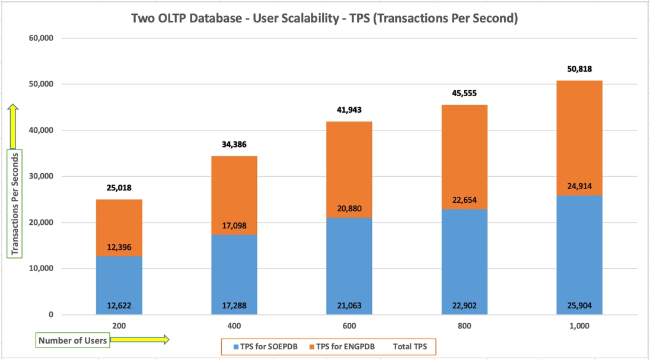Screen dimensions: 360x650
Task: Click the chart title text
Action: pyautogui.click(x=324, y=18)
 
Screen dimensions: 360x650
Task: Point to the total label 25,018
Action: pyautogui.click(x=119, y=188)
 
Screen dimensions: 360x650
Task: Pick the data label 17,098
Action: pyautogui.click(x=234, y=226)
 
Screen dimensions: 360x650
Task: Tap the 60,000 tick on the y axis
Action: pyautogui.click(x=40, y=39)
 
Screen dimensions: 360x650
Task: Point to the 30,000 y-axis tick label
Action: pyautogui.click(x=40, y=177)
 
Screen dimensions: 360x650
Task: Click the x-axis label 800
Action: pyautogui.click(x=464, y=326)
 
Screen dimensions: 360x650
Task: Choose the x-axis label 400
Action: pyautogui.click(x=234, y=326)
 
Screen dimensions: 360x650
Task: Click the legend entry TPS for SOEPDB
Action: pyautogui.click(x=267, y=346)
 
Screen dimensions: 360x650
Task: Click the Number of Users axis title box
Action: pyautogui.click(x=72, y=340)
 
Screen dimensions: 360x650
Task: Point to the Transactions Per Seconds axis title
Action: pyautogui.click(x=15, y=203)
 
